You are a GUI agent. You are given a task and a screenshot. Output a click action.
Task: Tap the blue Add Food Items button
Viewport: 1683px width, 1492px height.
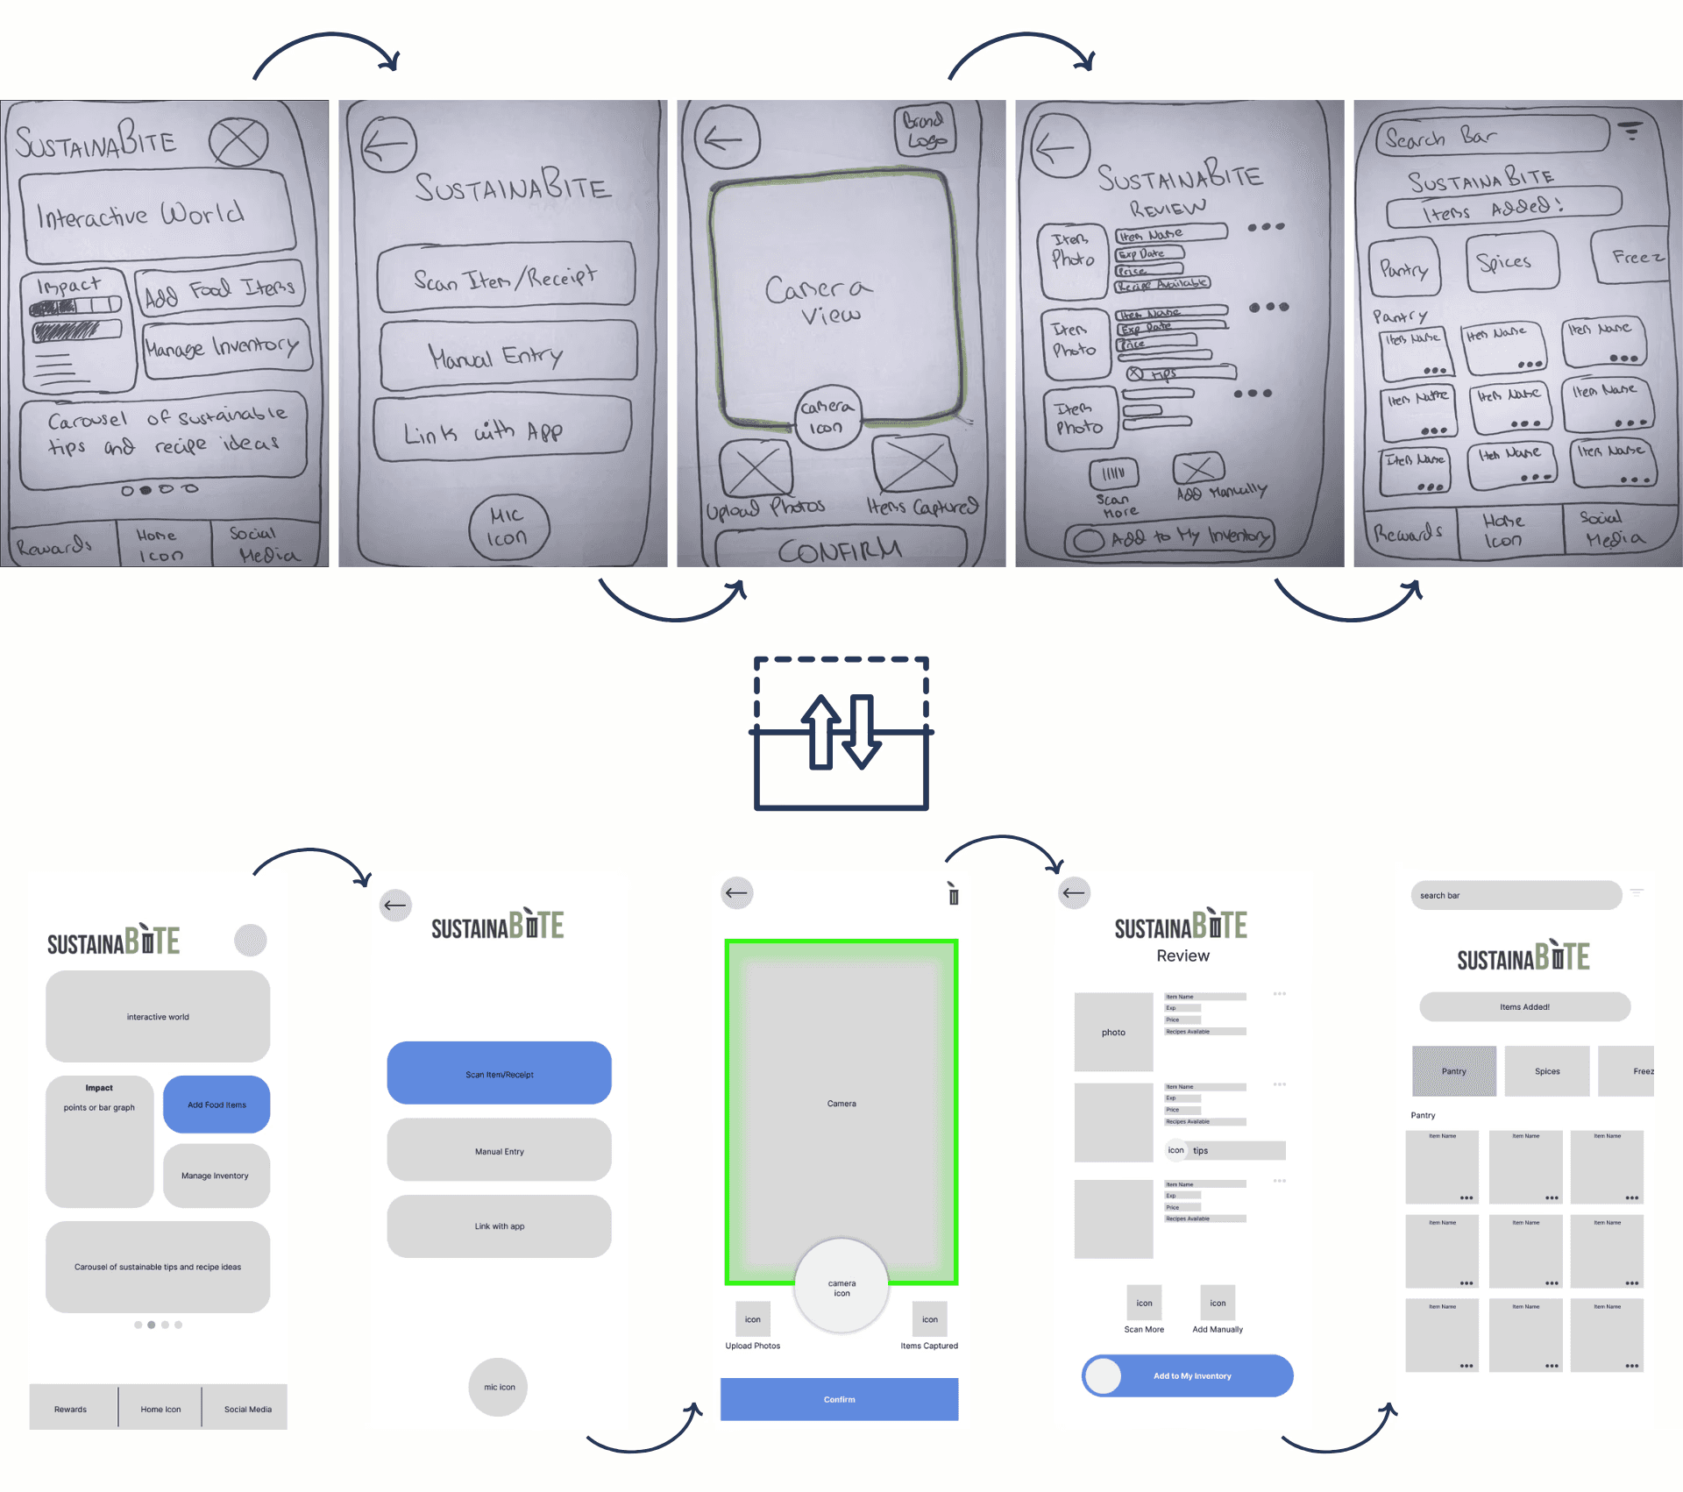coord(217,1105)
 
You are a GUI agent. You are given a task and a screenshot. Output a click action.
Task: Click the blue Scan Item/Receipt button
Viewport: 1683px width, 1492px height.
coord(499,1073)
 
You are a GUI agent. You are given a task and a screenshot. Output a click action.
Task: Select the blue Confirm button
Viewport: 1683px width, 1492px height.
coord(839,1399)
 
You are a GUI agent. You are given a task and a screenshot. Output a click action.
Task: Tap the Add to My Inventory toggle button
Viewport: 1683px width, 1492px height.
coord(1187,1375)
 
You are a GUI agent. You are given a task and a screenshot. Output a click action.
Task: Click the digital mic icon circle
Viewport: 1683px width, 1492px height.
coord(499,1387)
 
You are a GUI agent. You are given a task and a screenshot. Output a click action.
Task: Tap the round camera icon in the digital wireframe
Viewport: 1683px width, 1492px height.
coord(841,1287)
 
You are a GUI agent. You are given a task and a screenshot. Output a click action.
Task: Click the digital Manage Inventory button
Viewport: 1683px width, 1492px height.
coord(216,1176)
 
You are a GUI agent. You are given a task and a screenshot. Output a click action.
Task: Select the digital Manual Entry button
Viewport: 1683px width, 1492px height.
coord(499,1151)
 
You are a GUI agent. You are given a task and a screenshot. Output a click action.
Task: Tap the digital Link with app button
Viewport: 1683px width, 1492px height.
coord(499,1226)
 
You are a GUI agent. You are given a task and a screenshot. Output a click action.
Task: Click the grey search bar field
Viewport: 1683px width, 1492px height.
coord(1516,895)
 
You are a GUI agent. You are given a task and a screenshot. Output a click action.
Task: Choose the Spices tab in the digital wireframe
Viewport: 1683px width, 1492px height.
coord(1547,1071)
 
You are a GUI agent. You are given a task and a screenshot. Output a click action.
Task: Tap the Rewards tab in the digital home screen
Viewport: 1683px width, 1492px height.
coord(72,1409)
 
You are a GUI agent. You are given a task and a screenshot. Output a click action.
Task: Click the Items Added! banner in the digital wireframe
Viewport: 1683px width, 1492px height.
coord(1524,1007)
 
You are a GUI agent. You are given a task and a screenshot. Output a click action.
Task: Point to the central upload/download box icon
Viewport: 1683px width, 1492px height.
coord(841,734)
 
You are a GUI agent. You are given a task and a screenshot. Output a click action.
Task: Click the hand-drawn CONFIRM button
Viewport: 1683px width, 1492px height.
coord(840,551)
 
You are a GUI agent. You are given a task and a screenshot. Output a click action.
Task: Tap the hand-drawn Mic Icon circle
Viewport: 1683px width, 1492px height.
coord(508,527)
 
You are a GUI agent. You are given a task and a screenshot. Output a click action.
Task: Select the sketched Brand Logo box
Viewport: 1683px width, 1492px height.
coord(926,130)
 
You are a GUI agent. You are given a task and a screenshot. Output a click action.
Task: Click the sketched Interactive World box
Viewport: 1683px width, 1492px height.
coord(156,216)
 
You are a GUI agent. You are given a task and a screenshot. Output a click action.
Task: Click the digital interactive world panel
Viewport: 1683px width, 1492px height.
coord(158,1016)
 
